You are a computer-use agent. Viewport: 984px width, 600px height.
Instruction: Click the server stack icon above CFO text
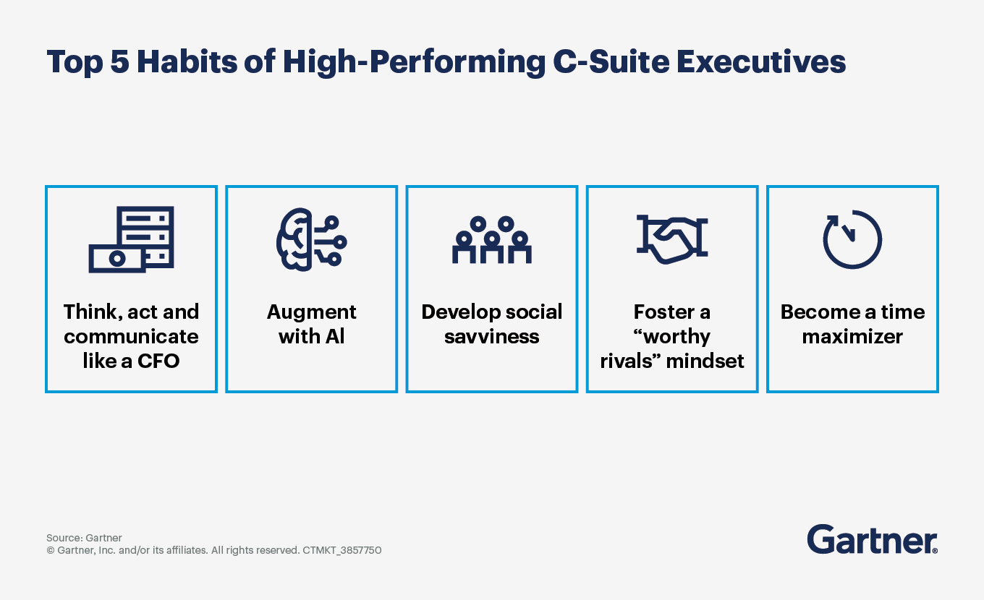pyautogui.click(x=131, y=239)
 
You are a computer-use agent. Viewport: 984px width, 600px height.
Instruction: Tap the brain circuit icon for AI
pyautogui.click(x=311, y=239)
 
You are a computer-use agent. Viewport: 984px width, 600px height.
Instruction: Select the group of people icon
pyautogui.click(x=492, y=239)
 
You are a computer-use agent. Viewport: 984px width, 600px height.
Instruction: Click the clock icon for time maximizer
pyautogui.click(x=852, y=239)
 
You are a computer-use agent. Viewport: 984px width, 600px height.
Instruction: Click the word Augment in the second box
pyautogui.click(x=311, y=312)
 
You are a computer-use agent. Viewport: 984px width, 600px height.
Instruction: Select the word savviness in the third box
pyautogui.click(x=492, y=337)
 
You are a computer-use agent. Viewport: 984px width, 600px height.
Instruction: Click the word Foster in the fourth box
pyautogui.click(x=660, y=312)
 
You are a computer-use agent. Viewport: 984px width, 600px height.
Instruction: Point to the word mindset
pyautogui.click(x=704, y=361)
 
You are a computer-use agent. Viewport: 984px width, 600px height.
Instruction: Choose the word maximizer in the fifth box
pyautogui.click(x=852, y=337)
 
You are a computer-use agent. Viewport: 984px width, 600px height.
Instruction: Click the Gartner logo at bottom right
pyautogui.click(x=872, y=539)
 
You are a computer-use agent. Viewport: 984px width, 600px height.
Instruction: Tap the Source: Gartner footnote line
pyautogui.click(x=84, y=538)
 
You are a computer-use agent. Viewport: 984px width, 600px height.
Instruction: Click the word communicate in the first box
pyautogui.click(x=131, y=337)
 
